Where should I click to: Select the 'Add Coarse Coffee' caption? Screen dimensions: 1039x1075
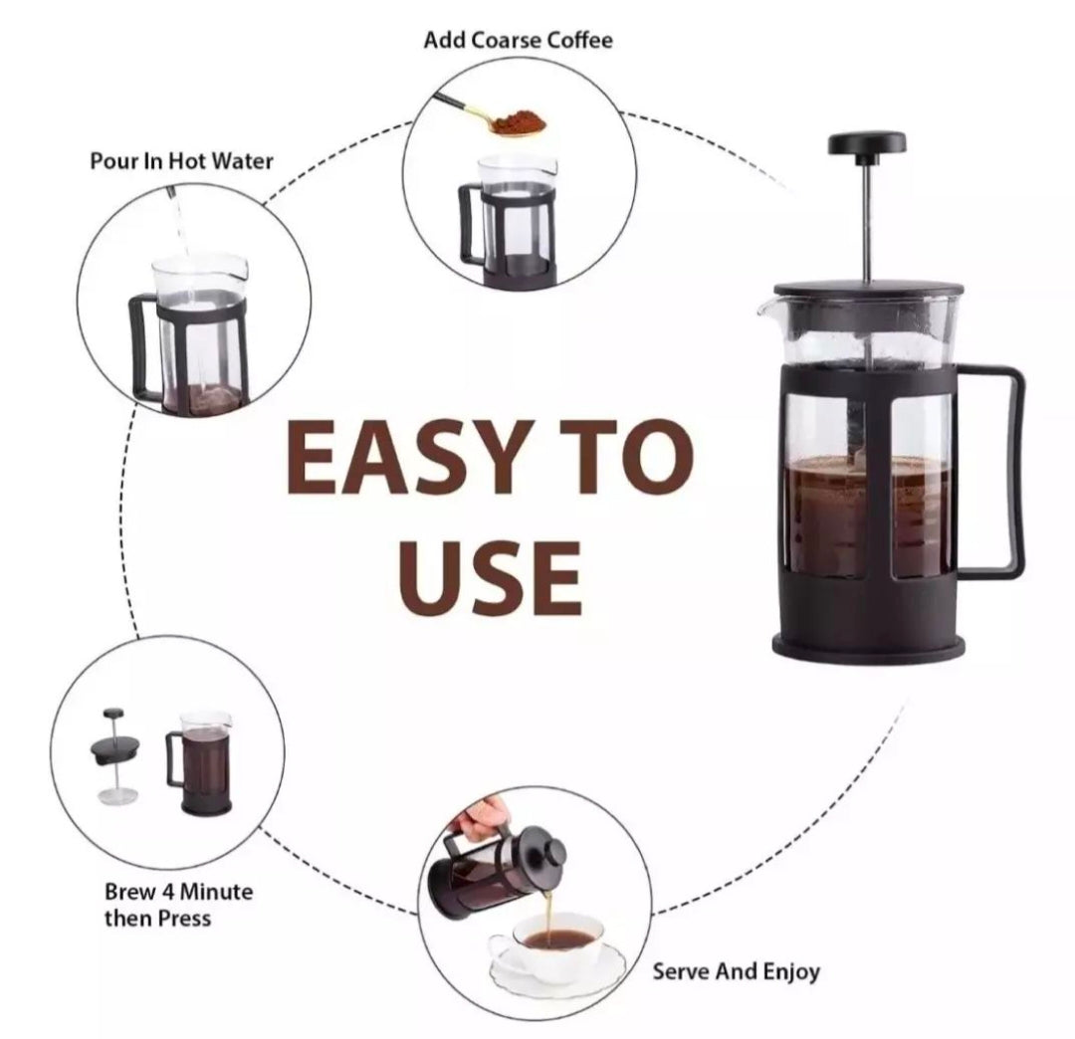[518, 41]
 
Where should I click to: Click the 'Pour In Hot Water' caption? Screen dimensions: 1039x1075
[181, 161]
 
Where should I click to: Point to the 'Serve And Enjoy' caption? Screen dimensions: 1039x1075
[737, 971]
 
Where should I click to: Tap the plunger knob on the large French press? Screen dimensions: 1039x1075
[866, 143]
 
